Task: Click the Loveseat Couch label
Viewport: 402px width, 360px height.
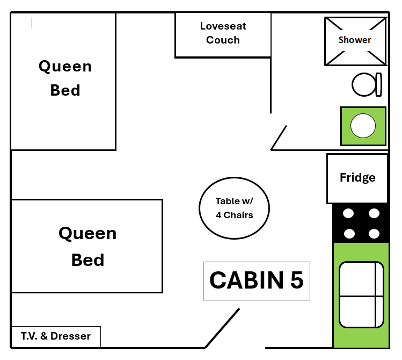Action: pyautogui.click(x=223, y=33)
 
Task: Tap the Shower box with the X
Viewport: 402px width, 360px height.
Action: pyautogui.click(x=355, y=41)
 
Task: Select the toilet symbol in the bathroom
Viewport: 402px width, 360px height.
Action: pyautogui.click(x=365, y=84)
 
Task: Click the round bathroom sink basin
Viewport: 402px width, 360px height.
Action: pyautogui.click(x=363, y=126)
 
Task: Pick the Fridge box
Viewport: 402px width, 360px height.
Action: pyautogui.click(x=357, y=178)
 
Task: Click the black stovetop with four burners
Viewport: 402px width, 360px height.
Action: pyautogui.click(x=361, y=222)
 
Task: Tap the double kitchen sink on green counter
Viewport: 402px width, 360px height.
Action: pyautogui.click(x=361, y=294)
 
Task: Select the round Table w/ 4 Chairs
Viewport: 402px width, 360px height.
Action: pyautogui.click(x=234, y=208)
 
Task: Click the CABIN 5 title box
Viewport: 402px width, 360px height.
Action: pyautogui.click(x=257, y=280)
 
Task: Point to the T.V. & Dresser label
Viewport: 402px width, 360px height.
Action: pyautogui.click(x=56, y=337)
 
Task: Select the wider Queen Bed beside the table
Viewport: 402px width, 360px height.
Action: pyautogui.click(x=87, y=246)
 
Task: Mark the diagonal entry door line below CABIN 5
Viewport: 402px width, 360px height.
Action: pyautogui.click(x=222, y=328)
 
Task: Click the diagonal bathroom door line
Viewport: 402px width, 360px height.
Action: pyautogui.click(x=279, y=138)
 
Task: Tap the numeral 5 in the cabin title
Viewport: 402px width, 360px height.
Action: pyautogui.click(x=296, y=280)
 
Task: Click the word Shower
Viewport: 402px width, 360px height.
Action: pyautogui.click(x=355, y=40)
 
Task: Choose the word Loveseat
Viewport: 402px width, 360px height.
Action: pyautogui.click(x=223, y=26)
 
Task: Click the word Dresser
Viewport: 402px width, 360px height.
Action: pyautogui.click(x=72, y=337)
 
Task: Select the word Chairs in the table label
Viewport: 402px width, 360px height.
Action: pyautogui.click(x=239, y=215)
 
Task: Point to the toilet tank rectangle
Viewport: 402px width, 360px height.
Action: pyautogui.click(x=378, y=84)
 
